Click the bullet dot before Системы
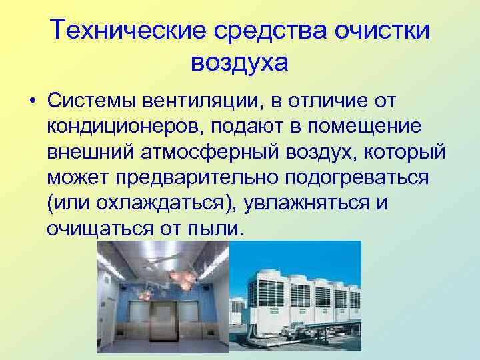pyautogui.click(x=32, y=102)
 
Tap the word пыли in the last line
pyautogui.click(x=212, y=228)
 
